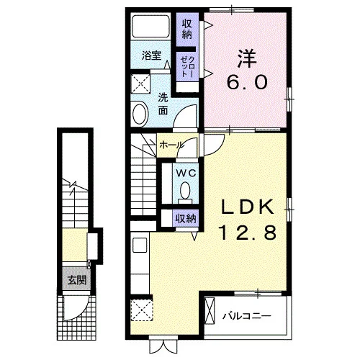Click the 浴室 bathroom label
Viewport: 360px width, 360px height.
point(151,55)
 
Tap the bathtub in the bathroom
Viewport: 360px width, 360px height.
point(150,26)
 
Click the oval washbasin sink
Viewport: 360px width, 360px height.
point(140,114)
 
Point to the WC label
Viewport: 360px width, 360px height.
point(186,173)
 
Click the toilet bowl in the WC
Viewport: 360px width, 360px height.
point(185,190)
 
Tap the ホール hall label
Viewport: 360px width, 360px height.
point(171,145)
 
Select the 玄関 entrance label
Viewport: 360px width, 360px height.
point(76,280)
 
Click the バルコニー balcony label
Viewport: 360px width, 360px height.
point(247,315)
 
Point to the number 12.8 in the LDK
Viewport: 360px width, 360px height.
point(248,233)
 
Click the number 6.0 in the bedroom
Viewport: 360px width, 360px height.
point(247,82)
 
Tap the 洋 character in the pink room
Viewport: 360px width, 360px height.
point(247,58)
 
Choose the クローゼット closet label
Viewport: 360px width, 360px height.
point(187,67)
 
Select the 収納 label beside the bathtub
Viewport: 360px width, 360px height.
point(187,30)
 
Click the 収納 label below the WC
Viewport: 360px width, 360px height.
point(186,219)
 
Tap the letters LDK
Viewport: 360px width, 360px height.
point(247,207)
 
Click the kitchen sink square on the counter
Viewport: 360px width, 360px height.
point(140,245)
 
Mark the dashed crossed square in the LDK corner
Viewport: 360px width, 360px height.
point(142,310)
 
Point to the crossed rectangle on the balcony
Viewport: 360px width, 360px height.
point(210,311)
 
